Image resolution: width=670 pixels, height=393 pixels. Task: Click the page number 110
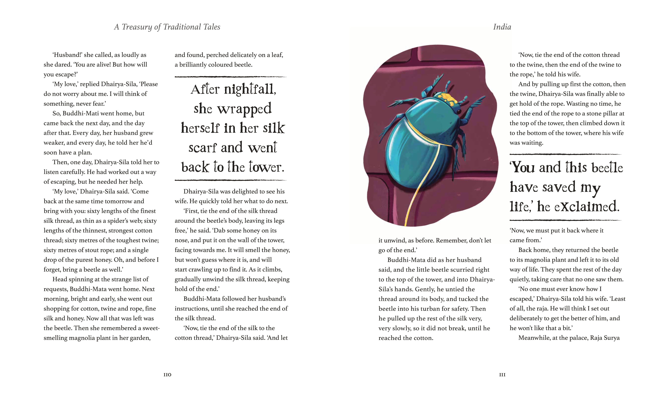(167, 375)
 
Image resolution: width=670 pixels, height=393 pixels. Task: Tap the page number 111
(502, 375)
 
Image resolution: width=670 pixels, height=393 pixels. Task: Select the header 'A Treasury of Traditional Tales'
(167, 27)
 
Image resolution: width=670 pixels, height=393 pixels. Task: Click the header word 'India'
(502, 27)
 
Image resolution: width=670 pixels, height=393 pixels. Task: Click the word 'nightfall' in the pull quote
(250, 89)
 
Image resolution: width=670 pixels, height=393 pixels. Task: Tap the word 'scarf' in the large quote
(203, 148)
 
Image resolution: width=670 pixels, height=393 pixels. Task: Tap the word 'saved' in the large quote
(559, 187)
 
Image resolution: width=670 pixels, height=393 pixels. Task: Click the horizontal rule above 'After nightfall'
(230, 77)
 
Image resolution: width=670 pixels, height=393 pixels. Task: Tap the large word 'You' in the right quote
(522, 167)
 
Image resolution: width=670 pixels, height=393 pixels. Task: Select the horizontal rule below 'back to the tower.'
(230, 180)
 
